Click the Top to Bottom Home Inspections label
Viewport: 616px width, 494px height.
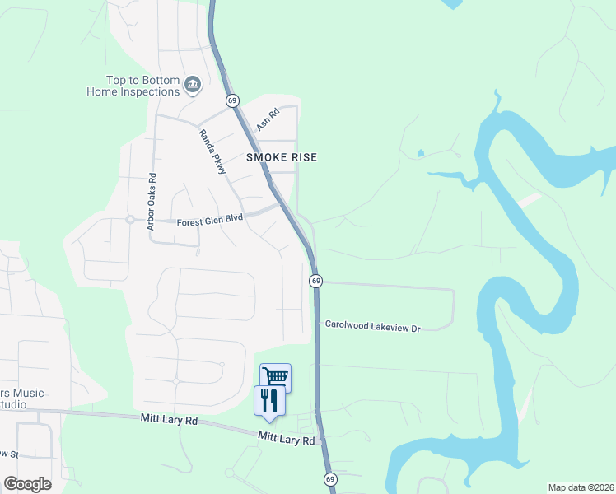pyautogui.click(x=133, y=86)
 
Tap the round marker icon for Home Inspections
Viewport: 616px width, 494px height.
pyautogui.click(x=194, y=84)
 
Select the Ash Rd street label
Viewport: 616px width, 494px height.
pyautogui.click(x=264, y=120)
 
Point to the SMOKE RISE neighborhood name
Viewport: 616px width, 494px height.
pyautogui.click(x=282, y=156)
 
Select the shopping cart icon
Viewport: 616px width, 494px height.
pyautogui.click(x=275, y=376)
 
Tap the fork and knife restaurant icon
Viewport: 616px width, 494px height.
pyautogui.click(x=269, y=400)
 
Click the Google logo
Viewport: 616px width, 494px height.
pyautogui.click(x=27, y=484)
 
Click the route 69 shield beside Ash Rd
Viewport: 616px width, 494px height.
pyautogui.click(x=233, y=100)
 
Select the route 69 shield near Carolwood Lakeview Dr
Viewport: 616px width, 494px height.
pyautogui.click(x=315, y=281)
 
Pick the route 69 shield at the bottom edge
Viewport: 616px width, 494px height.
pyautogui.click(x=330, y=479)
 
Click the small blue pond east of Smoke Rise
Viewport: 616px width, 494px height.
pyautogui.click(x=420, y=152)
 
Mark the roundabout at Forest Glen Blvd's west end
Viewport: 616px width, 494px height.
pyautogui.click(x=129, y=220)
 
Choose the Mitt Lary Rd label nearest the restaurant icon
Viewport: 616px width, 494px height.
pyautogui.click(x=286, y=438)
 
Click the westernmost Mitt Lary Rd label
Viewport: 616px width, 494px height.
pyautogui.click(x=169, y=421)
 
